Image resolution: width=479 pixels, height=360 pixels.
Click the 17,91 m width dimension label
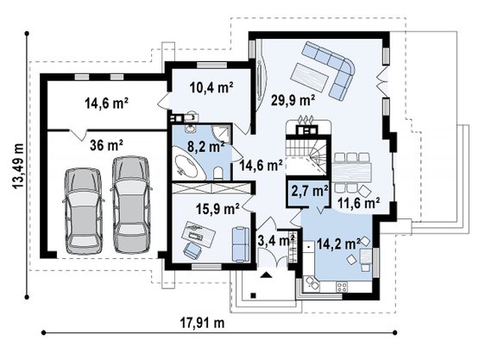pos(202,322)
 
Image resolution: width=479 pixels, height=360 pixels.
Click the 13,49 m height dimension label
pos(18,166)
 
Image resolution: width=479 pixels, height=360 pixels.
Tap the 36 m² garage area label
pos(107,145)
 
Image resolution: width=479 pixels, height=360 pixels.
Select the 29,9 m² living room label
pos(293,100)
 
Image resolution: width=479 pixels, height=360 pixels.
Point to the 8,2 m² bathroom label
pos(206,147)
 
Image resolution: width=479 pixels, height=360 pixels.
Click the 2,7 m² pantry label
pos(310,191)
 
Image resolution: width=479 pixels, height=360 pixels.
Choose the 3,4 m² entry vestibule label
pos(276,241)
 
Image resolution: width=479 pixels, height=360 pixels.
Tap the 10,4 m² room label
pos(211,88)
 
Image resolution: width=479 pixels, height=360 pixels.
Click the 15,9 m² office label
pos(217,209)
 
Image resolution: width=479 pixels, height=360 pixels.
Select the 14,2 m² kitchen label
pos(339,243)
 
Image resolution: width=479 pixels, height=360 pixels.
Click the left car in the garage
pos(84,211)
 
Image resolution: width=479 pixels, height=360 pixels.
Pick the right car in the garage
pos(131,205)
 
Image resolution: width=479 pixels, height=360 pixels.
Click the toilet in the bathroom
pos(218,173)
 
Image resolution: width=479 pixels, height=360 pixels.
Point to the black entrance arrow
pos(266,275)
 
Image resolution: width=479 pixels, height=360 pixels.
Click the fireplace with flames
pos(306,125)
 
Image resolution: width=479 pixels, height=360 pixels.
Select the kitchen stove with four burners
pos(342,287)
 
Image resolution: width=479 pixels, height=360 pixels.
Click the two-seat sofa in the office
pos(241,244)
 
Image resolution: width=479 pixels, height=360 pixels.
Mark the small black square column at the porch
pos(253,295)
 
